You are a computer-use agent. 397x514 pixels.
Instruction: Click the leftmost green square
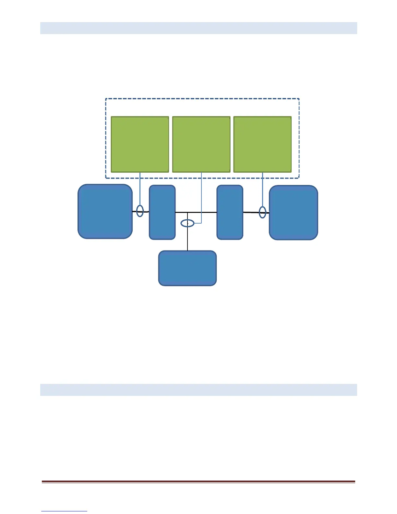[x=140, y=144]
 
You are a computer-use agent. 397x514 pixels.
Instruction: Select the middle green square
[x=201, y=144]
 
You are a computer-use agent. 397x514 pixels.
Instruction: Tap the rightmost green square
[x=262, y=144]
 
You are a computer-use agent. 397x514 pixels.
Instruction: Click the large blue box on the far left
[x=105, y=212]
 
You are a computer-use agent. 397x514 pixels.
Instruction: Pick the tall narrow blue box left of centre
[x=162, y=212]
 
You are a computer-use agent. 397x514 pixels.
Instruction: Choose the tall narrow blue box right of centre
[x=230, y=212]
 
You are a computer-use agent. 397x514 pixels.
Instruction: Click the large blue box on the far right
[x=294, y=213]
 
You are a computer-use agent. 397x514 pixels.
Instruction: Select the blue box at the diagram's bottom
[x=187, y=268]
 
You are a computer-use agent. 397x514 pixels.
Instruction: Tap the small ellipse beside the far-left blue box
[x=140, y=211]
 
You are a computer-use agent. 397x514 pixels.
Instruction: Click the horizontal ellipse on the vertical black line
[x=187, y=223]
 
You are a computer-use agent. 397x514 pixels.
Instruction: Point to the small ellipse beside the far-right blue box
[x=263, y=213]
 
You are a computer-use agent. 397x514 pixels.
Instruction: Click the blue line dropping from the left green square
[x=140, y=188]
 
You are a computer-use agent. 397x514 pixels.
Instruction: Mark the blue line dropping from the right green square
[x=262, y=190]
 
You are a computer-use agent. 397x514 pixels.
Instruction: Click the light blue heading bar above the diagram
[x=198, y=28]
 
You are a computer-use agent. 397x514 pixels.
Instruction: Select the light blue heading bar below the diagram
[x=198, y=390]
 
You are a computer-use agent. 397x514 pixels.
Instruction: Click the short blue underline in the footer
[x=64, y=511]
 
